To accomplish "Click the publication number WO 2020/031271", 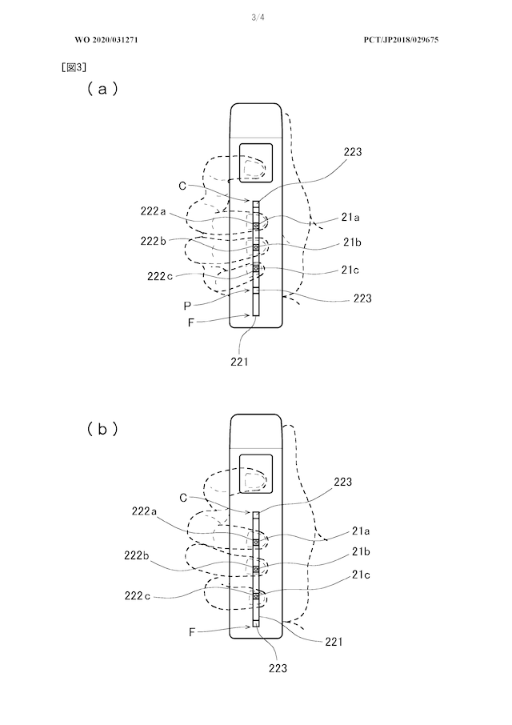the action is [106, 40].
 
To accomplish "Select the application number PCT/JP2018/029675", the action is [401, 40].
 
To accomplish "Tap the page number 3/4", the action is [258, 18].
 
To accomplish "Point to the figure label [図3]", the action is [74, 67].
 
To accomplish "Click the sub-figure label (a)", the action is [102, 88].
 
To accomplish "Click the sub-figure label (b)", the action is [102, 430].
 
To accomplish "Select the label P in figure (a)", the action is [186, 306].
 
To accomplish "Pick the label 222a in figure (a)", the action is [153, 211].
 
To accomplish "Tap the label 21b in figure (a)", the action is [352, 242].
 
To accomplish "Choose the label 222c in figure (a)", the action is [160, 277].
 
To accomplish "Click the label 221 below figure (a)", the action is [239, 362].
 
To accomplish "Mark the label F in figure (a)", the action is [190, 322].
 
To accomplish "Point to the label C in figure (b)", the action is [183, 498].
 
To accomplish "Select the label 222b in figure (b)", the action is [137, 555].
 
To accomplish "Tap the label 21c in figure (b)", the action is [361, 575].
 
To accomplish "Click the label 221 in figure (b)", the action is [334, 641].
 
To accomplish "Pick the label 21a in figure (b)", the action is [361, 531].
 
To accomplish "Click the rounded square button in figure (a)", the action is [255, 162].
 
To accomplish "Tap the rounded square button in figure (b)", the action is [255, 474].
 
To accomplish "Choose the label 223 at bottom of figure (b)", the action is [278, 668].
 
